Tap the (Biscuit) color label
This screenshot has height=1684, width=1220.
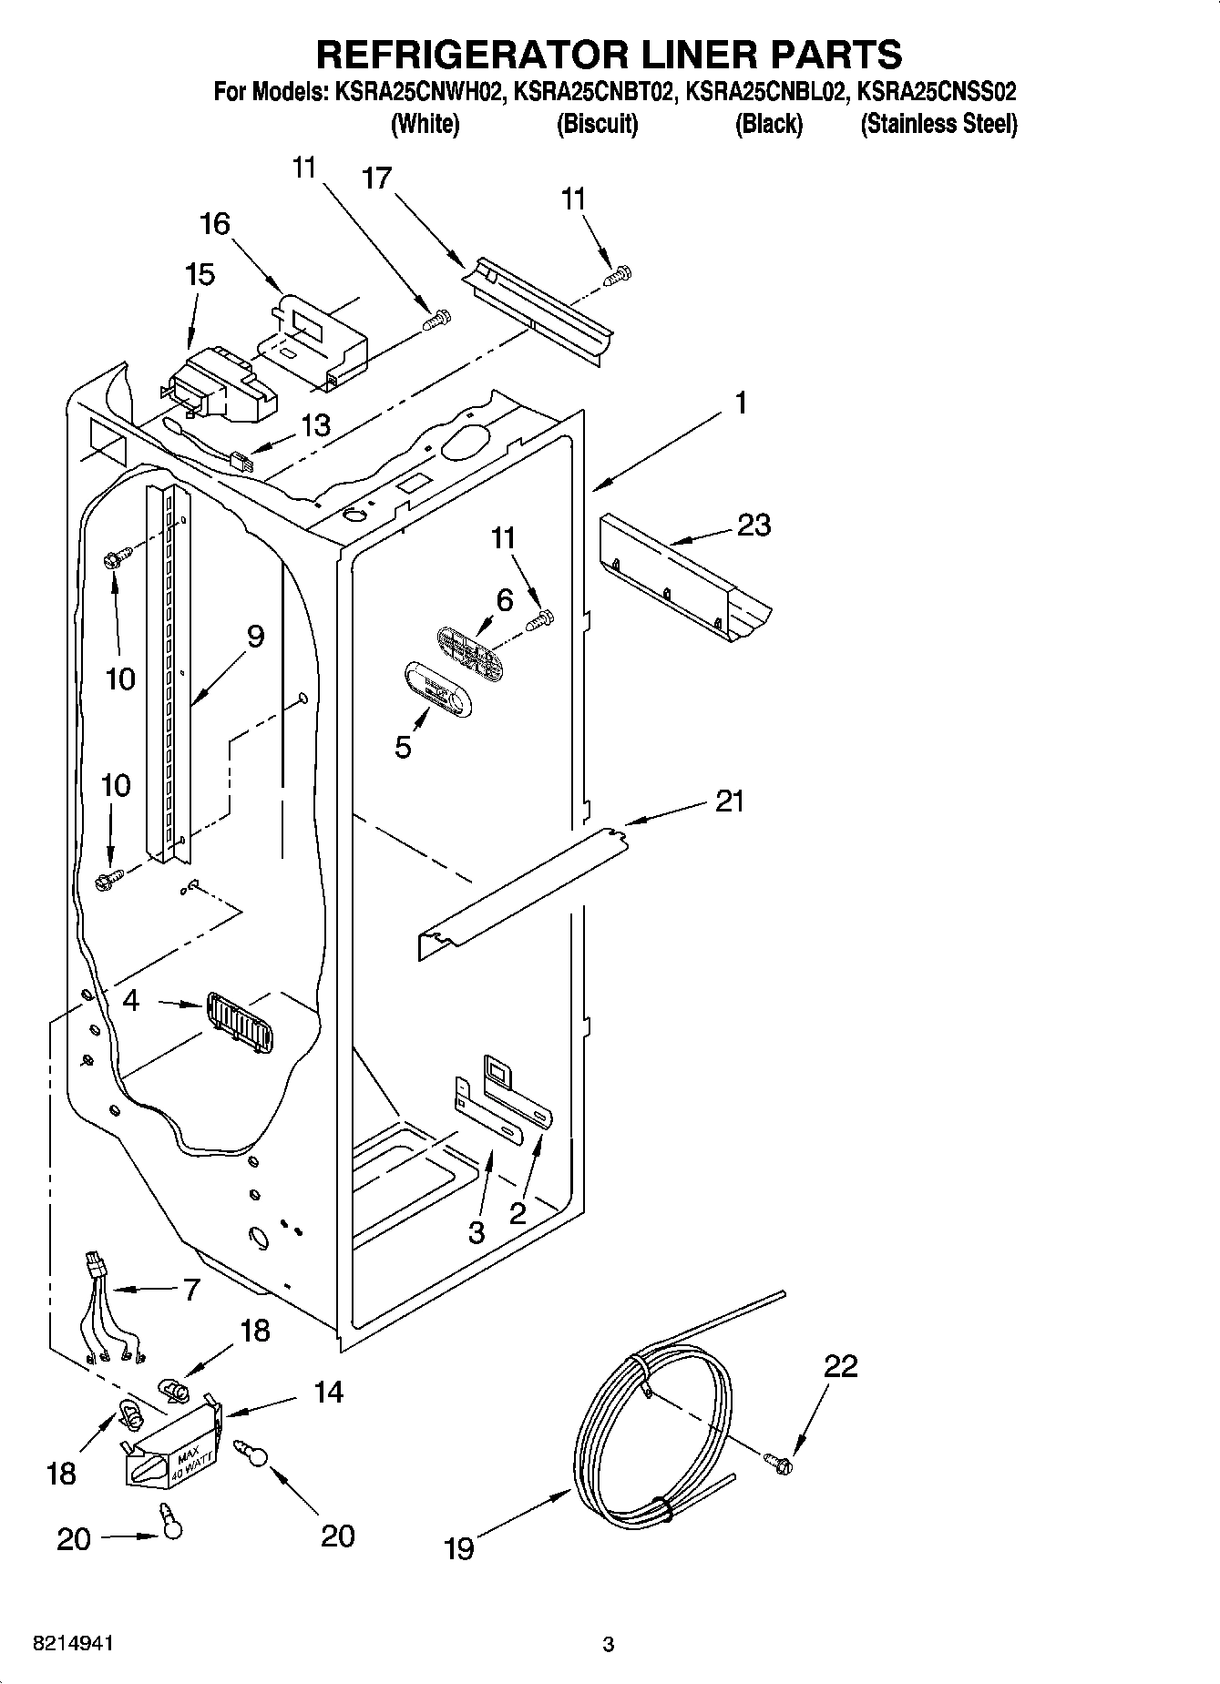pos(597,124)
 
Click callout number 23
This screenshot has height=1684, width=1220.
pos(754,526)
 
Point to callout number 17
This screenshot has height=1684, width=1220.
pos(376,179)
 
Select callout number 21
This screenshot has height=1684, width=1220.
pos(730,801)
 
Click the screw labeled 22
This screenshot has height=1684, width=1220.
pos(779,1464)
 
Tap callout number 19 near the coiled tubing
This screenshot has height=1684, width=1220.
pos(459,1548)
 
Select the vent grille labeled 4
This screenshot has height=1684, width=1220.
pos(239,1023)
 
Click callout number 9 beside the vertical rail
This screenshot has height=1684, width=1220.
pos(255,636)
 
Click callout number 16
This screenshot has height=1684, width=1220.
pos(215,224)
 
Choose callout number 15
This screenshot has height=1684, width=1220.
pos(200,275)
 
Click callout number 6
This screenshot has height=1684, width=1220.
pos(505,600)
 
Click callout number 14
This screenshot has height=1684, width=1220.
pos(329,1392)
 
